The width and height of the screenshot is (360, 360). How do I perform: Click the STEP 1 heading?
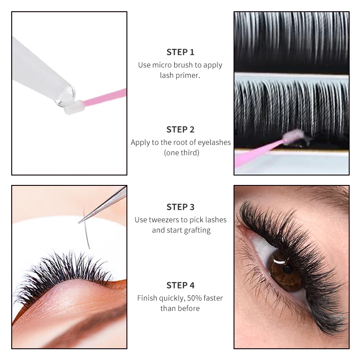click(180, 52)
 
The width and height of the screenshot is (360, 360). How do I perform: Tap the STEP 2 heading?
click(180, 130)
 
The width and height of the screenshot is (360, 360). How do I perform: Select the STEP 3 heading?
click(180, 207)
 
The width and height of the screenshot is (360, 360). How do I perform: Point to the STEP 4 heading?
click(180, 285)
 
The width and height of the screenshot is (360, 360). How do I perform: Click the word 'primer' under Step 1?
click(189, 76)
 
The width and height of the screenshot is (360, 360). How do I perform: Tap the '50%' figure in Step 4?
click(185, 298)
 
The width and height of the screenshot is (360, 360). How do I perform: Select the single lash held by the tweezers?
click(86, 229)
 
